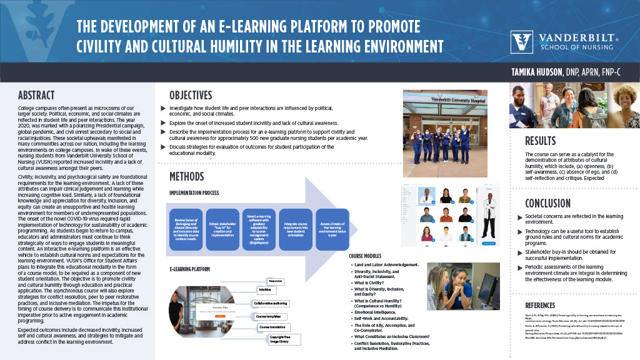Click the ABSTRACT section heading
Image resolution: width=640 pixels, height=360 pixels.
pos(36,96)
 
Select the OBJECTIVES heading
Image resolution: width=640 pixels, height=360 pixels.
pos(191,96)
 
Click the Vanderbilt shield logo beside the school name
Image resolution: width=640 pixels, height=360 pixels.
pos(522,42)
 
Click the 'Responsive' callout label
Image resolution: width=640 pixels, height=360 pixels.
pos(277,281)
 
